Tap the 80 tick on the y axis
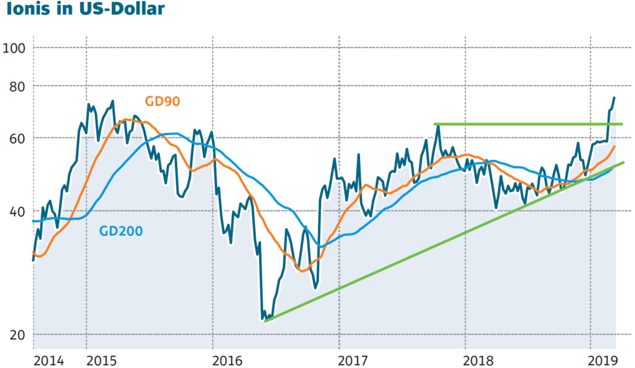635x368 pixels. point(15,85)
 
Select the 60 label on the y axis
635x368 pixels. point(15,138)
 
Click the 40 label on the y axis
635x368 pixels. point(15,211)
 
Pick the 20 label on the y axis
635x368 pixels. point(15,335)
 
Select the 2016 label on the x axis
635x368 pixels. point(227,360)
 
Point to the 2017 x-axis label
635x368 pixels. point(354,360)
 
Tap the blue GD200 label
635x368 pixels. point(121,231)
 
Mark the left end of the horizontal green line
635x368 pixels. point(435,124)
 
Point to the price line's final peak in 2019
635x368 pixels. point(614,98)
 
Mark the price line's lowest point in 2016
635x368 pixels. point(264,319)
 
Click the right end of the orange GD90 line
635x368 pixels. point(615,147)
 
